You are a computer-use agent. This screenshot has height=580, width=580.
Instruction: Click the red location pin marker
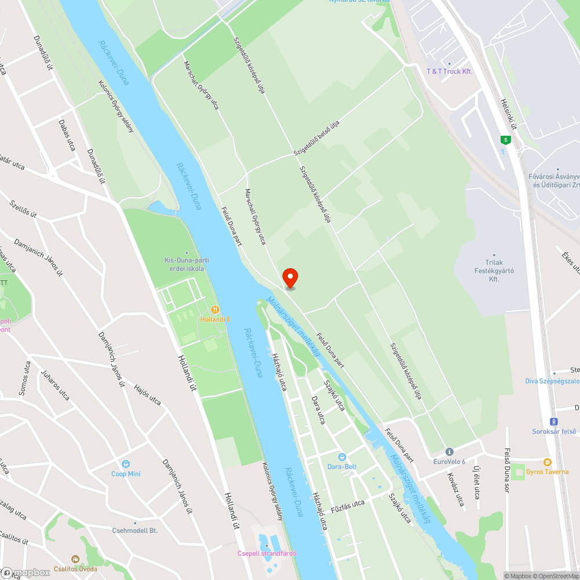point(289,278)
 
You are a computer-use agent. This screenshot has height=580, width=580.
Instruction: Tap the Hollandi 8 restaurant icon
point(215,310)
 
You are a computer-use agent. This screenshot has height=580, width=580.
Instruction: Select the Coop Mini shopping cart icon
point(126,464)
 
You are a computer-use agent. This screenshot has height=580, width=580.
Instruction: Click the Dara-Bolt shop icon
point(342,456)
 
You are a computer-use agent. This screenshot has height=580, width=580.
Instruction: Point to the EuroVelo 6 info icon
point(449,452)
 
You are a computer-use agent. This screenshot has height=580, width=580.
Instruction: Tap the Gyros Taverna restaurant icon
point(547,462)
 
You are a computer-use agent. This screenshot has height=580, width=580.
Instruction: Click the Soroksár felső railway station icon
point(554,422)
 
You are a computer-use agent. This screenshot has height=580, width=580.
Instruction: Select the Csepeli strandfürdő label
point(267,553)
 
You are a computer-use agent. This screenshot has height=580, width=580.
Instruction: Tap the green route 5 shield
point(506,140)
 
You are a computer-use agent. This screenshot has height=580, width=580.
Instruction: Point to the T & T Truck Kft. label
point(449,71)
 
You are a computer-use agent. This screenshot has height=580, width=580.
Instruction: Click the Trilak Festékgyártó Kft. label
point(494,271)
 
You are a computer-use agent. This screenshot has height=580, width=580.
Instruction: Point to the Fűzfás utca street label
point(347,505)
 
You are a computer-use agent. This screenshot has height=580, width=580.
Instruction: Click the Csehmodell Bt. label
point(135,530)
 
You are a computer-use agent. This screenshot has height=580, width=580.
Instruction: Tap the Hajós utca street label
point(147,394)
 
